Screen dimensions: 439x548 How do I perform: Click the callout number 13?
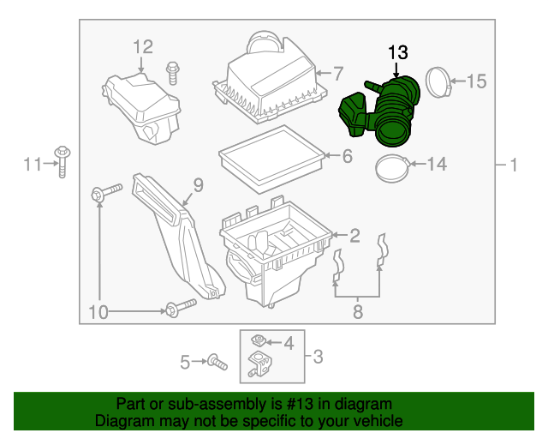point(398,53)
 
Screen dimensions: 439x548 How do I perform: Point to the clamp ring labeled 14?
point(393,168)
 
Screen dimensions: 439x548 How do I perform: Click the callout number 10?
point(99,313)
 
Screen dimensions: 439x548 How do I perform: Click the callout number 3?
point(317,356)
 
